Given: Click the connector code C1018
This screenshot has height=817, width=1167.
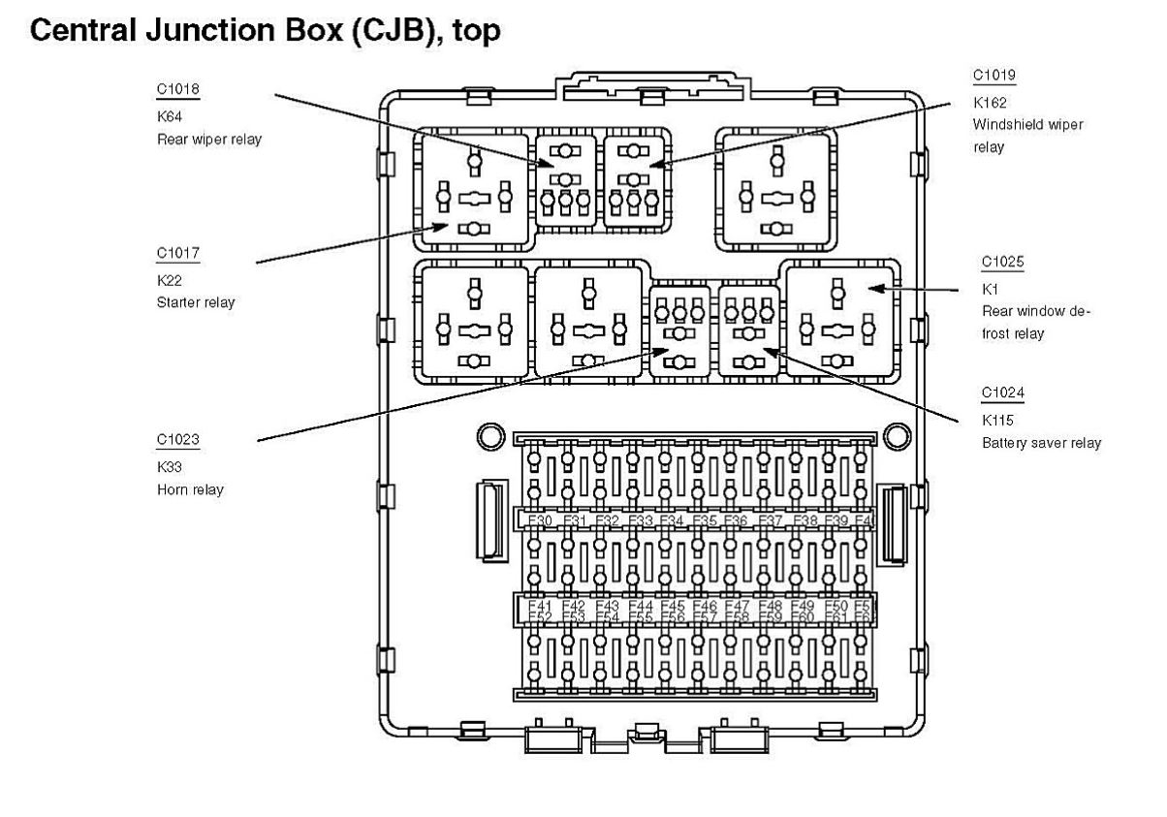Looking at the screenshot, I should click(x=177, y=90).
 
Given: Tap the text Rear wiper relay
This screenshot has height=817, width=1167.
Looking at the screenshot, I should click(x=209, y=139).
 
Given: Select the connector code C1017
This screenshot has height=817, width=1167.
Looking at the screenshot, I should click(x=177, y=254).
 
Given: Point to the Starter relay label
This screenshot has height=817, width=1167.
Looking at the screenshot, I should click(x=196, y=302).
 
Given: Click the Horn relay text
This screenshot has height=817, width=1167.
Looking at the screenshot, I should click(x=190, y=489).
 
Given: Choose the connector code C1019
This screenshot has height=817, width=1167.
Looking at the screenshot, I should click(x=994, y=76).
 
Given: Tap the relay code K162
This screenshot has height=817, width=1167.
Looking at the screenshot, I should click(x=989, y=102).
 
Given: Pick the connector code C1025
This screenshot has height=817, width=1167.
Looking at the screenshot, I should click(x=1002, y=262).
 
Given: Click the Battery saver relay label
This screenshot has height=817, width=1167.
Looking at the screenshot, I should click(x=1041, y=443).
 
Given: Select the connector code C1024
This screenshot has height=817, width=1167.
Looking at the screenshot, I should click(x=1002, y=393).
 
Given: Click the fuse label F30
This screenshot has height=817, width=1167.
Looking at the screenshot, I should click(x=541, y=521).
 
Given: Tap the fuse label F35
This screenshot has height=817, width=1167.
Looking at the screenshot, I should click(x=705, y=521).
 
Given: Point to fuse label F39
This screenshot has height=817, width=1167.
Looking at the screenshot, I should click(x=836, y=521).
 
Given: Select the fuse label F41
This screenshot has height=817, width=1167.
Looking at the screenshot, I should click(x=541, y=606).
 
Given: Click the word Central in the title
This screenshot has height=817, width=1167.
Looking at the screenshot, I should click(x=88, y=32).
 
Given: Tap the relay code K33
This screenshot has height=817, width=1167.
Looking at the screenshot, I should click(x=169, y=466).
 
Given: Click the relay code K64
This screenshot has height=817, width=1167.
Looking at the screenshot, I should click(x=169, y=116).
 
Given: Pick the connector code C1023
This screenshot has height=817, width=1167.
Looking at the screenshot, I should click(x=177, y=440).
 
